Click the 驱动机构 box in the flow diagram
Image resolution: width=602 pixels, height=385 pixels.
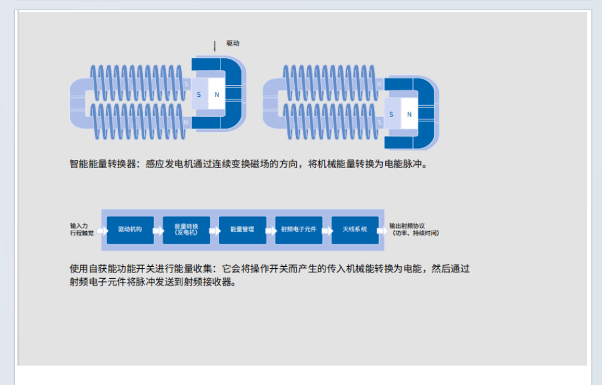(130, 229)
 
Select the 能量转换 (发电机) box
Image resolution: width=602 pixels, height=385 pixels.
(186, 229)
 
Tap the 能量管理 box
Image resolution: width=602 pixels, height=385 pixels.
(242, 229)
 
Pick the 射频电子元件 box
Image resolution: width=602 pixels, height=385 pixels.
(299, 229)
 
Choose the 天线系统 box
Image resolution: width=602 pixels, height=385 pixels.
(355, 229)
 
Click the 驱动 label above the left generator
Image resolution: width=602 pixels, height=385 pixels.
(233, 44)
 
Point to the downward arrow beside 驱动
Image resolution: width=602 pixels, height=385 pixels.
(215, 46)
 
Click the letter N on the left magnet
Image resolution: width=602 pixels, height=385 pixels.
(217, 94)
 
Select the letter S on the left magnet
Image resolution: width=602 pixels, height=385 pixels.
(199, 94)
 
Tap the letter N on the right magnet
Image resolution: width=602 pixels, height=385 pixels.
(409, 114)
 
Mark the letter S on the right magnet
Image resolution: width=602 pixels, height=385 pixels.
(392, 114)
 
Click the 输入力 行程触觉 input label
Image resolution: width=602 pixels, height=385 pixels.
(82, 229)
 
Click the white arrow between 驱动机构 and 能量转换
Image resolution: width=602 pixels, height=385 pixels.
(158, 230)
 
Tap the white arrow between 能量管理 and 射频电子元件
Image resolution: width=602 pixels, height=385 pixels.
(270, 230)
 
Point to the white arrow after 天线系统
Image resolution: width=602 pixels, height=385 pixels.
(382, 230)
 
